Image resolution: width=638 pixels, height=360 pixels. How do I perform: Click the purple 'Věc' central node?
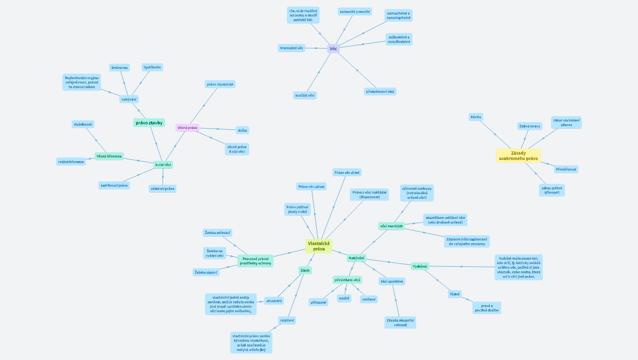(333, 49)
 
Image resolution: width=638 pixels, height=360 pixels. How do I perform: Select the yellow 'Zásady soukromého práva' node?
(518, 156)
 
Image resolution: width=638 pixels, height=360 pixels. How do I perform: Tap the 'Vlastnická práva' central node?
(319, 246)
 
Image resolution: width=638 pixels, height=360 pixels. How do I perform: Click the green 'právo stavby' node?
(149, 123)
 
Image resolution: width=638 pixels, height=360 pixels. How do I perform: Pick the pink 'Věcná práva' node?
(187, 127)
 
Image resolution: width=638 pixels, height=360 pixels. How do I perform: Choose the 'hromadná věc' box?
(291, 48)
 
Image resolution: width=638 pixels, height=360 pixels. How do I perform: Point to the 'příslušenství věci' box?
(380, 91)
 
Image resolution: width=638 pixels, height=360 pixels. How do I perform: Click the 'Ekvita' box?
(476, 117)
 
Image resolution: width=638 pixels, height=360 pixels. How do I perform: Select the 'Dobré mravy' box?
(530, 126)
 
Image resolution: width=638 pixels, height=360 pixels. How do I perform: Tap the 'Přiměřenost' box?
(566, 169)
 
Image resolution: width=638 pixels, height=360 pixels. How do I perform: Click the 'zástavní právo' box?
(162, 188)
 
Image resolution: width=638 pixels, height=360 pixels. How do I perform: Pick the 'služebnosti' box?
(83, 124)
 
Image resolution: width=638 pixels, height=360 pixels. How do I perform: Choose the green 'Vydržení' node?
(420, 266)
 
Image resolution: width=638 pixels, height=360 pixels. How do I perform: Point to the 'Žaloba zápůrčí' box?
(205, 272)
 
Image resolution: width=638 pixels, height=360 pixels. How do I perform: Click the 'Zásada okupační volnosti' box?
(400, 322)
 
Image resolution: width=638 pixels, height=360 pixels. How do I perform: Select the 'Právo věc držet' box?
(347, 172)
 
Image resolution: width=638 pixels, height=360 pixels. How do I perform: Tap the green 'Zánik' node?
(305, 270)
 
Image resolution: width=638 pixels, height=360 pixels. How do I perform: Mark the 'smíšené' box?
(368, 299)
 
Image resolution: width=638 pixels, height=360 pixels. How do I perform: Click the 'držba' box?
(242, 130)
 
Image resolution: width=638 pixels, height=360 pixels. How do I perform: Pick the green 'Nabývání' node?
(357, 258)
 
